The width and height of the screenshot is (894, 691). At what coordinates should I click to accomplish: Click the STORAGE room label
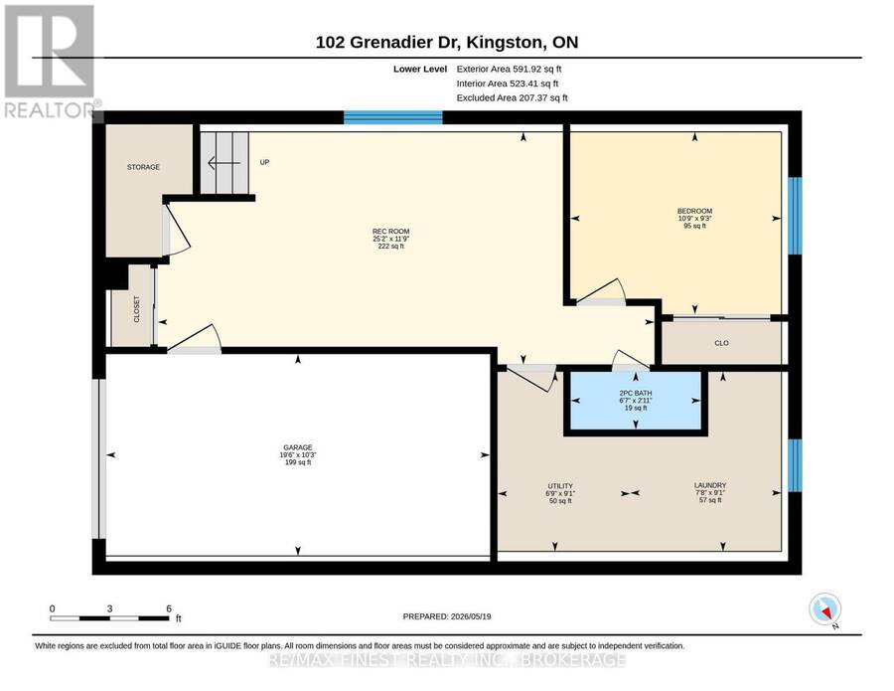[143, 167]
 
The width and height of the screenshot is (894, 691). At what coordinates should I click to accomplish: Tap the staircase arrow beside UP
[220, 163]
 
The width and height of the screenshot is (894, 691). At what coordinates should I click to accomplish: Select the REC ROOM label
[391, 231]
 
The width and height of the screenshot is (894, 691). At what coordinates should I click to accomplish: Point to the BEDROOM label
[694, 211]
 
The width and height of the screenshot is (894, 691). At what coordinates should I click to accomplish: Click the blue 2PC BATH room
[636, 401]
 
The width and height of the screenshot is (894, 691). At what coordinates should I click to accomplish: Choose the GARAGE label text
[298, 447]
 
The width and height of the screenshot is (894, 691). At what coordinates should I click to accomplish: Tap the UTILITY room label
[560, 486]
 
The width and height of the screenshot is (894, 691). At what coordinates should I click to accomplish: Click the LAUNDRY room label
[710, 485]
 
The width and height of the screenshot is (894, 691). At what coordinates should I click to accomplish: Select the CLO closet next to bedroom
[722, 343]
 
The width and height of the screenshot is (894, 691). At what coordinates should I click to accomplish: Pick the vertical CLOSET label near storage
[136, 308]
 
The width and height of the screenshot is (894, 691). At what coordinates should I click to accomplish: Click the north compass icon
[825, 609]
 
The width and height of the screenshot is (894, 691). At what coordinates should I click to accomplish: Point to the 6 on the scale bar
[169, 608]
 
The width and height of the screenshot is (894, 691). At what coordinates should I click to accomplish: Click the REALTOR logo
[52, 61]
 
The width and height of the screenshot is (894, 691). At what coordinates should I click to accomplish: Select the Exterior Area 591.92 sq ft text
[510, 69]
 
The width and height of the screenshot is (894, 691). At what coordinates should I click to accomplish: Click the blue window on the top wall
[393, 117]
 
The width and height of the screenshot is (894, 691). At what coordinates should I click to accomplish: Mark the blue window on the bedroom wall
[795, 216]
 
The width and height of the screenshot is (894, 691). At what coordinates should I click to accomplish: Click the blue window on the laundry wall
[795, 465]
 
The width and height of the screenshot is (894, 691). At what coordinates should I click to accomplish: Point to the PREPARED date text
[447, 616]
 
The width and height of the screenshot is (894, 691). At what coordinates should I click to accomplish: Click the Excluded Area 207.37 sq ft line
[512, 98]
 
